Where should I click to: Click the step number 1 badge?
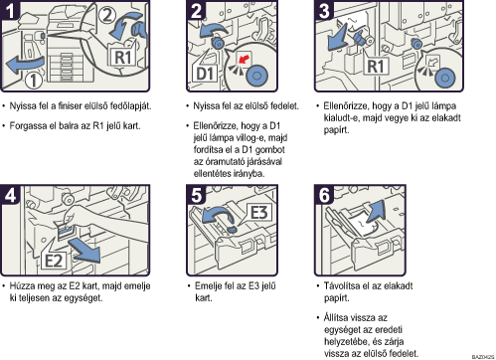(x=10, y=10)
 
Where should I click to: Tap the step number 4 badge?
(x=10, y=195)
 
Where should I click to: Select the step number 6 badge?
(x=324, y=195)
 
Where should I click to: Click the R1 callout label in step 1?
(x=122, y=57)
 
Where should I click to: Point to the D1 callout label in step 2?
(x=205, y=74)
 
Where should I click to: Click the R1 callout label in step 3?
(x=375, y=67)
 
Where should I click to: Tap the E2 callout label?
(x=54, y=261)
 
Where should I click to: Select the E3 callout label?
(x=258, y=212)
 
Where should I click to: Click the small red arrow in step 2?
(x=244, y=60)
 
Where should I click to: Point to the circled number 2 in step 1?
(x=107, y=15)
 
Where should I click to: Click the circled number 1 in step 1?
(x=33, y=81)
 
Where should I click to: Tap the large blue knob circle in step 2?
(x=256, y=76)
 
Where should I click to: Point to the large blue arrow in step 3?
(x=337, y=38)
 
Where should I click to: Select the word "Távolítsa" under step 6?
(x=341, y=285)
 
